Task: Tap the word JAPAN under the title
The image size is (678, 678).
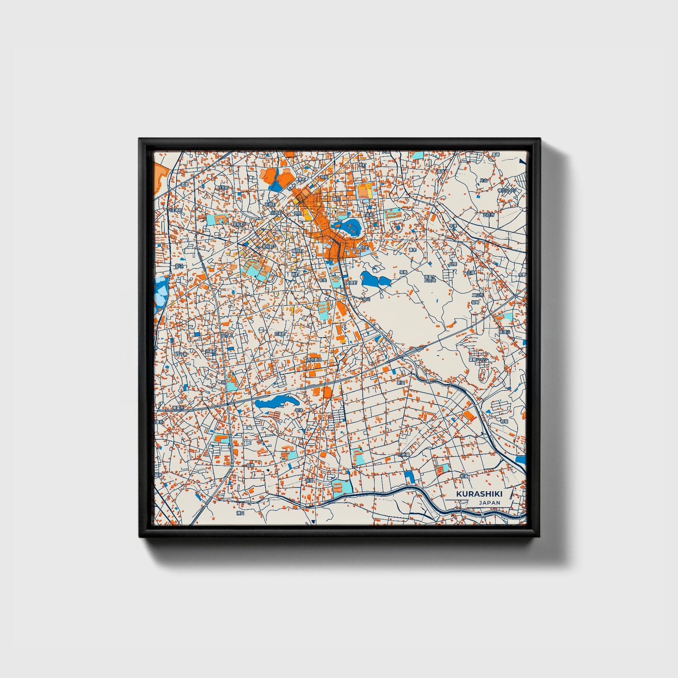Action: (489, 502)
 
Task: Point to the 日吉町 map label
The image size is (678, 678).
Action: (223, 188)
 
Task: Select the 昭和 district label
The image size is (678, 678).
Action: (325, 177)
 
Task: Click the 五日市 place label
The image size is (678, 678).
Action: (488, 214)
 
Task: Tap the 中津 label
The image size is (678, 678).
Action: (453, 226)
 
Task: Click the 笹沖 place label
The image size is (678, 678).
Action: (299, 410)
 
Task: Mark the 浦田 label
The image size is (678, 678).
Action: (240, 513)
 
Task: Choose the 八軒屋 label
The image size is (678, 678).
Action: (404, 454)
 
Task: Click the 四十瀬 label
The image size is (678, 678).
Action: (181, 354)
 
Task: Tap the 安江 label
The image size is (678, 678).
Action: (179, 265)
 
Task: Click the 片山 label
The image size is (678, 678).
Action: (484, 180)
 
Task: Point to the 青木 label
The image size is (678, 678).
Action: (413, 250)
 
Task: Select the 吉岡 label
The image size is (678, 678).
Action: (309, 480)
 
